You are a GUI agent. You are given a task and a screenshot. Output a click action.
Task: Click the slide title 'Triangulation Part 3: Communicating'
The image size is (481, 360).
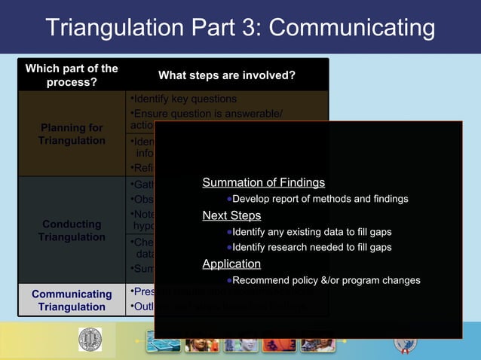tap(240, 28)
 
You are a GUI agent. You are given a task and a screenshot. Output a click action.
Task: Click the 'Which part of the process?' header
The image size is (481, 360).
tap(72, 75)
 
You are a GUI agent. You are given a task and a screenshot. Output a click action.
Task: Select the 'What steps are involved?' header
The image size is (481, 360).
tap(226, 75)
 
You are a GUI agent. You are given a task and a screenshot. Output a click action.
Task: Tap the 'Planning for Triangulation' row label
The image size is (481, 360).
tap(72, 134)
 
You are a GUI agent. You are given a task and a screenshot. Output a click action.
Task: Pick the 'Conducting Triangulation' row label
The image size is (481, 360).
tap(72, 230)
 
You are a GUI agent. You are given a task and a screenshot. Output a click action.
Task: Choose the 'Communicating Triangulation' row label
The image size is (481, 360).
tap(72, 300)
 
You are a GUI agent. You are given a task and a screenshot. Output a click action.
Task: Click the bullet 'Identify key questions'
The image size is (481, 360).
tap(184, 99)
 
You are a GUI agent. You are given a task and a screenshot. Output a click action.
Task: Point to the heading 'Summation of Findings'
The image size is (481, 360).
tap(263, 182)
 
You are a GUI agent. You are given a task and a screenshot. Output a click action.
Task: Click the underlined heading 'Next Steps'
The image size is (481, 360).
tap(231, 216)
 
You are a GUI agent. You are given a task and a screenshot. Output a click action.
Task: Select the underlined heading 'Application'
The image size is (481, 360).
tap(231, 264)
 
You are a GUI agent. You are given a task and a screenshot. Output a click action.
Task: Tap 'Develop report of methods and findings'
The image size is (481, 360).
tap(320, 199)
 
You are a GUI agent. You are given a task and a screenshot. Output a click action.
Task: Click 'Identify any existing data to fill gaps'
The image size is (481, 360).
tap(311, 232)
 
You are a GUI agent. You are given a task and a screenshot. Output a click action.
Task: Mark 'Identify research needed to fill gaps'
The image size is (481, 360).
tap(311, 247)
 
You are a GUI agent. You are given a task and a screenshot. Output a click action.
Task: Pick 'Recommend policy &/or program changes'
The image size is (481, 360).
tap(326, 280)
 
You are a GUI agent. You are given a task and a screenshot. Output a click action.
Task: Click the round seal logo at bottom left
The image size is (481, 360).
tap(90, 340)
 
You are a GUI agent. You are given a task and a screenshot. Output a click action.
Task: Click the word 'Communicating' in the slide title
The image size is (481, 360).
tap(352, 28)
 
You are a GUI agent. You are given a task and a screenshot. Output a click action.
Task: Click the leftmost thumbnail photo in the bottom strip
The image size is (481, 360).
tap(163, 343)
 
